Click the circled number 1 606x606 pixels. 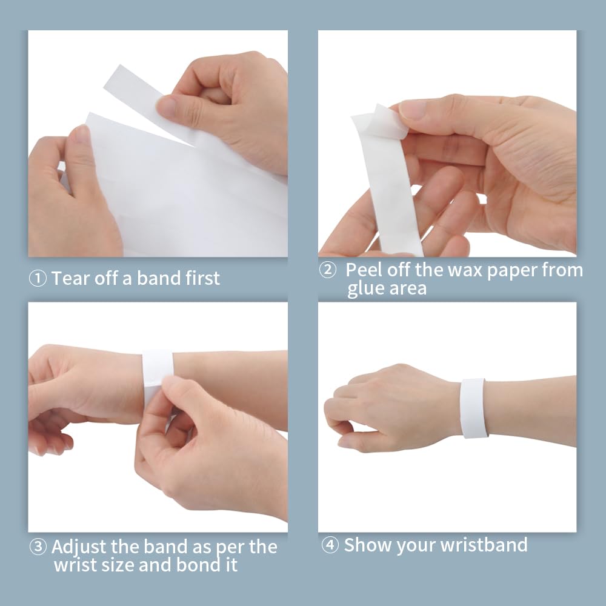click(x=38, y=278)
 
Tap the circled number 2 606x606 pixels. click(x=328, y=270)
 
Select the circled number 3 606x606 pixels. click(x=38, y=547)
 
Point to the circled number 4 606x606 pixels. click(x=330, y=545)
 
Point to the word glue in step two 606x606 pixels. click(x=366, y=288)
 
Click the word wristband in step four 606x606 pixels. click(x=484, y=545)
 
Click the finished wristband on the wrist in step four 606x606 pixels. click(x=474, y=408)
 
